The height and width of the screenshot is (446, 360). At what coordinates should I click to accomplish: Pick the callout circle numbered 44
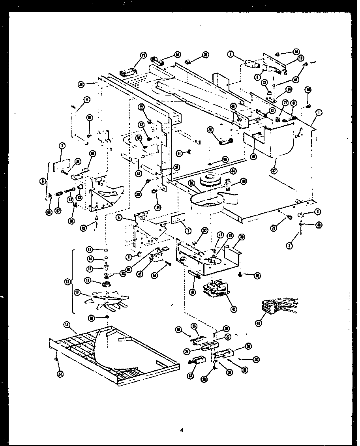[x=233, y=171]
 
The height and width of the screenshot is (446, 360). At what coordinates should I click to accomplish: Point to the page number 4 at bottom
[x=182, y=430]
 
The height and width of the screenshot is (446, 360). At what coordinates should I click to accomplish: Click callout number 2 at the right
[x=317, y=212]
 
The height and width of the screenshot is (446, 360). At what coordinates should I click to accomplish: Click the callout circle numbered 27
[x=228, y=337]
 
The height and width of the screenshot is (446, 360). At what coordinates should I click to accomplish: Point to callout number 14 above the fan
[x=90, y=259]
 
